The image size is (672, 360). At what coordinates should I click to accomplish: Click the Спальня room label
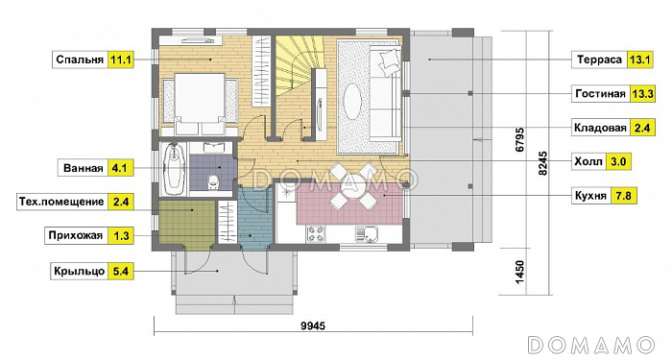pyautogui.click(x=80, y=60)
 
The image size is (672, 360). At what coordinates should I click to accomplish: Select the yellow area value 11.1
pyautogui.click(x=120, y=60)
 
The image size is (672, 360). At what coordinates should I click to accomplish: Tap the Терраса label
pyautogui.click(x=599, y=60)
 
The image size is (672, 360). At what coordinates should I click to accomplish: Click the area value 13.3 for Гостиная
pyautogui.click(x=642, y=93)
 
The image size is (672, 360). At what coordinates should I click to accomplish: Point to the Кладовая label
pyautogui.click(x=600, y=128)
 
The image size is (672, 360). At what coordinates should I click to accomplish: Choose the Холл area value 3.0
pyautogui.click(x=618, y=161)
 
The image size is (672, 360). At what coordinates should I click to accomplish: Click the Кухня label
pyautogui.click(x=590, y=196)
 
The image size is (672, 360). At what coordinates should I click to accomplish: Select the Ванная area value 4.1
pyautogui.click(x=119, y=168)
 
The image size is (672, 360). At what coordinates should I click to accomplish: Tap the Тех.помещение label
pyautogui.click(x=61, y=202)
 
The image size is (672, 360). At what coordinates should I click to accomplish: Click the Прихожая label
pyautogui.click(x=76, y=235)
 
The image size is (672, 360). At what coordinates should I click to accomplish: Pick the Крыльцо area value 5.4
pyautogui.click(x=120, y=272)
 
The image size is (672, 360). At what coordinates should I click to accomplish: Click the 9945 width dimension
pyautogui.click(x=313, y=326)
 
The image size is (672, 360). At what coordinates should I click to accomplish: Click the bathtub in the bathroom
pyautogui.click(x=174, y=169)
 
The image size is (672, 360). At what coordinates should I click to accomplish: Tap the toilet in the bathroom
pyautogui.click(x=213, y=181)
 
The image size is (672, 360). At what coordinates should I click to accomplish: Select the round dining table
pyautogui.click(x=352, y=186)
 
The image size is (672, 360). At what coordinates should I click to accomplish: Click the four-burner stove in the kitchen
pyautogui.click(x=316, y=234)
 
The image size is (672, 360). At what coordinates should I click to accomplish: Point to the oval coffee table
pyautogui.click(x=354, y=102)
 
